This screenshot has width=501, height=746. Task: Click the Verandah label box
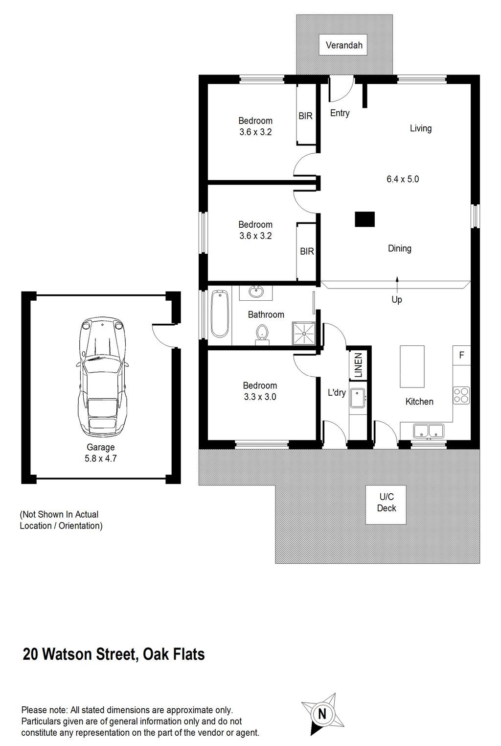[343, 45]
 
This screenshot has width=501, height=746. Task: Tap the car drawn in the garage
[102, 376]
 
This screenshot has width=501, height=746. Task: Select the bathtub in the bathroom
[220, 314]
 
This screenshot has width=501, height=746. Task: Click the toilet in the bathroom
[262, 335]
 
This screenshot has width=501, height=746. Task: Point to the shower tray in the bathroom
[303, 334]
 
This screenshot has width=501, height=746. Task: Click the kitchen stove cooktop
[461, 395]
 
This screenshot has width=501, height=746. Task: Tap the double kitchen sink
[429, 431]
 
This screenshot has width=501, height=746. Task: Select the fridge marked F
[462, 355]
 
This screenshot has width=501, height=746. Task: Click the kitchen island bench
[412, 367]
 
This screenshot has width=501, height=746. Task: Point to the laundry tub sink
[358, 398]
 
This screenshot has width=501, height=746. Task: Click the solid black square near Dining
[364, 219]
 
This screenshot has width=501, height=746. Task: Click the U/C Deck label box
[386, 505]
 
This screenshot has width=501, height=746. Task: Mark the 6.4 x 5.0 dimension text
[403, 179]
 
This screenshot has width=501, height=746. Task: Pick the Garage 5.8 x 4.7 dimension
[100, 458]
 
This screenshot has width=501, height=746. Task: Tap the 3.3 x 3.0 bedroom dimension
[260, 397]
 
